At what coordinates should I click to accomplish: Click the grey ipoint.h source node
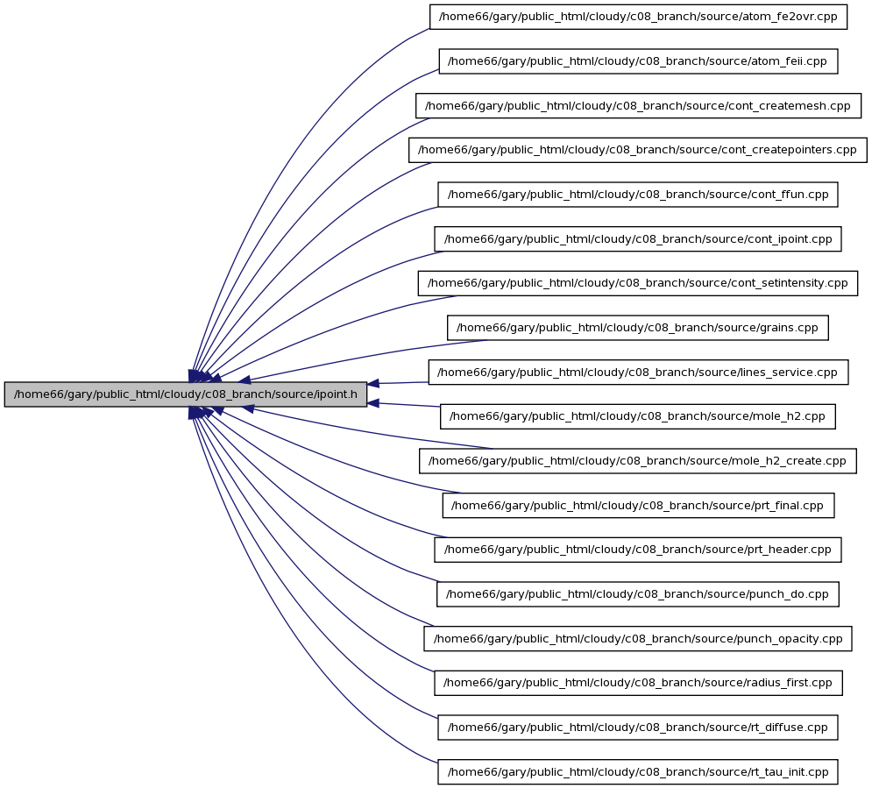185,394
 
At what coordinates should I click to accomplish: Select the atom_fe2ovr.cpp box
638,17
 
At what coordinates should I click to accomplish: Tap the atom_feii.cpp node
638,61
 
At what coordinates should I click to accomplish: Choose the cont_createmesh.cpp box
638,106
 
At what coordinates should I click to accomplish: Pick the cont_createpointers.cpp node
638,150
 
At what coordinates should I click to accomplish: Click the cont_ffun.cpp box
638,195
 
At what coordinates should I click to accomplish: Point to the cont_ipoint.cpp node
638,239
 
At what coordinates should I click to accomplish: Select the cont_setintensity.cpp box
638,283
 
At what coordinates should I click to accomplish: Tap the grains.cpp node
638,328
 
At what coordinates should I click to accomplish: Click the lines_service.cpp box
638,372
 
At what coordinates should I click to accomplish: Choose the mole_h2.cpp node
638,416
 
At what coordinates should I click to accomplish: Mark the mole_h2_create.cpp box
638,461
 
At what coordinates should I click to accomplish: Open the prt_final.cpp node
638,506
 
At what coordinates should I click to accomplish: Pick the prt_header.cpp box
638,550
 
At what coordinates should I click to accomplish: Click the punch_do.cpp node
638,594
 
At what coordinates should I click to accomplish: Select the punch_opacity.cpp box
638,638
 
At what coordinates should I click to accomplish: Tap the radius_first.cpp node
638,683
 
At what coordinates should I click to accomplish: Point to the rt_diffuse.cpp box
638,728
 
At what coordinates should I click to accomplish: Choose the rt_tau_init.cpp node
638,772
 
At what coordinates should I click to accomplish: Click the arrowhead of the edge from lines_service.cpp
373,384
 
